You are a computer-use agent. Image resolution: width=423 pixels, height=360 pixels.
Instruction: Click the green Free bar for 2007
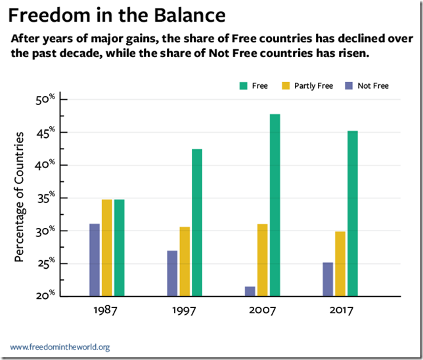(275, 205)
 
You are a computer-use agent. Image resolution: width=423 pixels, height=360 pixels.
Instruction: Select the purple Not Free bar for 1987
(95, 260)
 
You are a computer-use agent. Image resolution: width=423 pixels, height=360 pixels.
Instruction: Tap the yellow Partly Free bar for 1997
(185, 261)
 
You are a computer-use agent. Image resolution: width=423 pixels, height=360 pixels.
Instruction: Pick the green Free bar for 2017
(353, 214)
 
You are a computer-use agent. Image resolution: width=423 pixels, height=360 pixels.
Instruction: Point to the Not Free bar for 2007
(250, 291)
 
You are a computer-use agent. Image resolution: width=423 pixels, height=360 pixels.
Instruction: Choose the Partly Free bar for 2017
(340, 263)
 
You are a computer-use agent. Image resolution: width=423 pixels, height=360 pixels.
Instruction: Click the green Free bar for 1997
(197, 223)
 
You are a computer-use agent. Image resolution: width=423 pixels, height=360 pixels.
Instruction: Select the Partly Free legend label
(317, 85)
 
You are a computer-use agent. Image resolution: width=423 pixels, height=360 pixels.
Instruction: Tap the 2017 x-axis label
(340, 311)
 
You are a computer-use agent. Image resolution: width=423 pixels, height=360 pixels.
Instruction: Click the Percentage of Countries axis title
(19, 197)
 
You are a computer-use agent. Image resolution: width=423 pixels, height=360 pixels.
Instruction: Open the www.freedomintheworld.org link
(60, 347)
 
